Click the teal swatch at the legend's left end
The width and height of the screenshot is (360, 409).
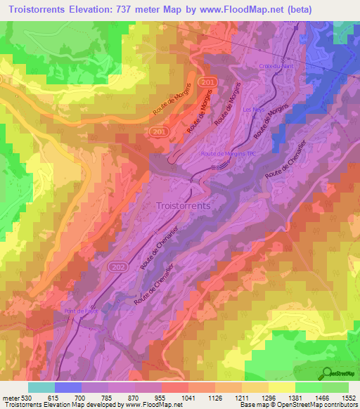pos(41,387)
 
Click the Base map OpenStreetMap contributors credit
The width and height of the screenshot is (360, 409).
pos(298,405)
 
